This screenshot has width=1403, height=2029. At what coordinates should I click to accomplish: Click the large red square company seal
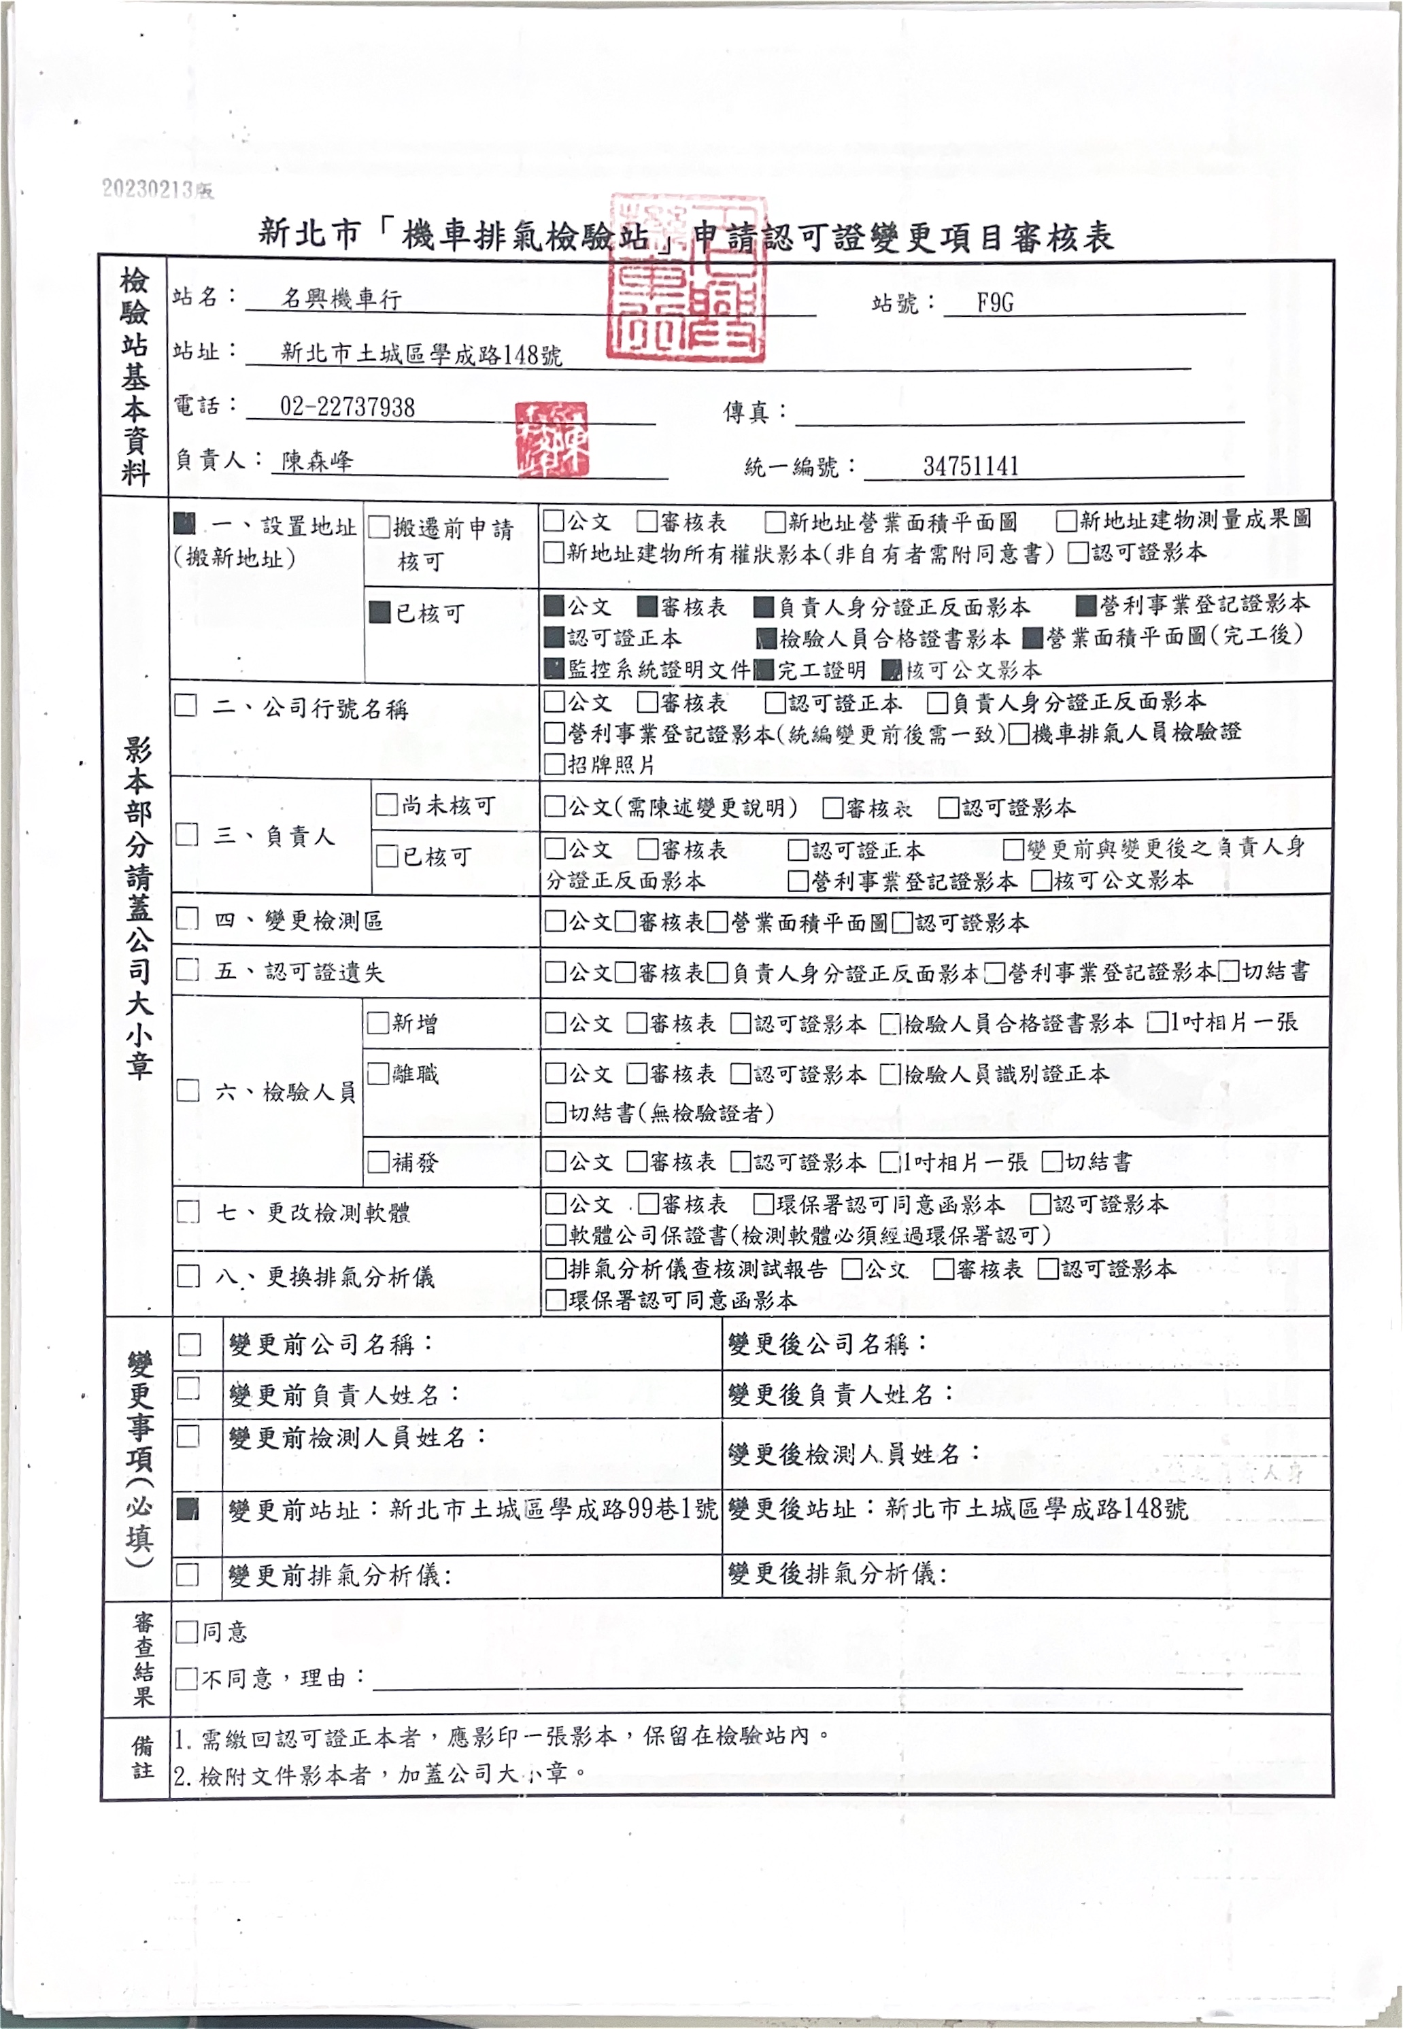[687, 279]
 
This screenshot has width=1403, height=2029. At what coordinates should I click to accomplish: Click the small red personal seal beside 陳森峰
[551, 439]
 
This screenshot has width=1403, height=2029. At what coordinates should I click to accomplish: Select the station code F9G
[994, 303]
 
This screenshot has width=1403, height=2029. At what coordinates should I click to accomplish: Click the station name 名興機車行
[341, 299]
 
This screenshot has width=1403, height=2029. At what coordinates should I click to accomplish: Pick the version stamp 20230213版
[157, 189]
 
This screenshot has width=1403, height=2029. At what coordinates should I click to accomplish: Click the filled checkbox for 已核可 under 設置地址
[379, 613]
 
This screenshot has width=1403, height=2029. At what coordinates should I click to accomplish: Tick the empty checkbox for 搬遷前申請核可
[379, 527]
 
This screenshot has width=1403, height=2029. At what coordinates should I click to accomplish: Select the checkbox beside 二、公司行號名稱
[186, 706]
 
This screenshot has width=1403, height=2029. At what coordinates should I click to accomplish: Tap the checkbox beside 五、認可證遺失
[187, 969]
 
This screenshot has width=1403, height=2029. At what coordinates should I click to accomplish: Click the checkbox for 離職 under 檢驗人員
[378, 1073]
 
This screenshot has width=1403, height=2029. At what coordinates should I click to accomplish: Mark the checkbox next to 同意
[186, 1632]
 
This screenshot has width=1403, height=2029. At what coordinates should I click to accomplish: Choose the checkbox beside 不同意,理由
[186, 1678]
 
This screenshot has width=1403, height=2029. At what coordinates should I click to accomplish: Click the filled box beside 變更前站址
[187, 1509]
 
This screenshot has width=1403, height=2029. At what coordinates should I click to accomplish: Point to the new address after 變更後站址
[1036, 1509]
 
